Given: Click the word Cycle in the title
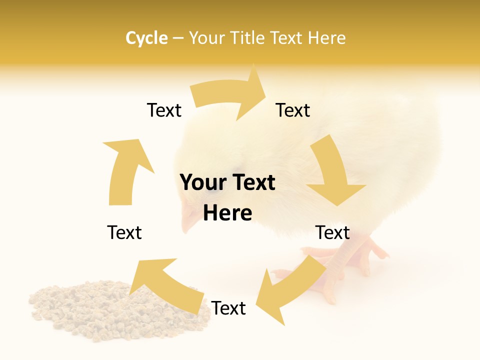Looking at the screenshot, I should (146, 38).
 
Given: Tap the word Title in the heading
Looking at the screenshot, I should (248, 38).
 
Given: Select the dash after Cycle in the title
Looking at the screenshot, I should (178, 38).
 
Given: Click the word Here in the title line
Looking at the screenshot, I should (326, 38).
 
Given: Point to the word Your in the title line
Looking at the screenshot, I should (207, 38).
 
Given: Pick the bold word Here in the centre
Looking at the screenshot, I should (227, 213).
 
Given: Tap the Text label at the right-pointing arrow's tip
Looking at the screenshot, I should (293, 110).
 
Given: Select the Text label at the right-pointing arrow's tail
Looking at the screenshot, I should (164, 110).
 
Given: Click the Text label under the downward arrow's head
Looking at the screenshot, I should (332, 233).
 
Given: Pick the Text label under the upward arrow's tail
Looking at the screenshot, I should (124, 233).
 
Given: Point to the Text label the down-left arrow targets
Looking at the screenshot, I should (228, 308).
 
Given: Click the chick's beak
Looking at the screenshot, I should (189, 220).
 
